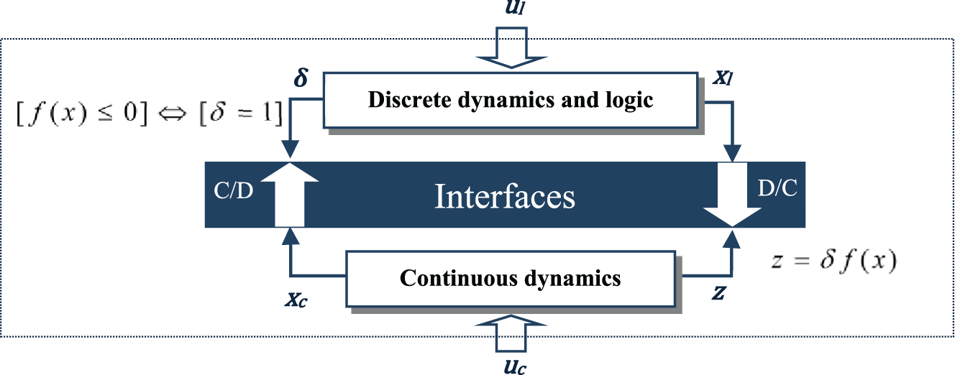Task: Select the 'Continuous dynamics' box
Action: [510, 277]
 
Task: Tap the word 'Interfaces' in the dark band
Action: [505, 196]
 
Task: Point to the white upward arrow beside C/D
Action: [290, 195]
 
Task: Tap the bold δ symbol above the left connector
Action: [301, 78]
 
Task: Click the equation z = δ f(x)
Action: [832, 261]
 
